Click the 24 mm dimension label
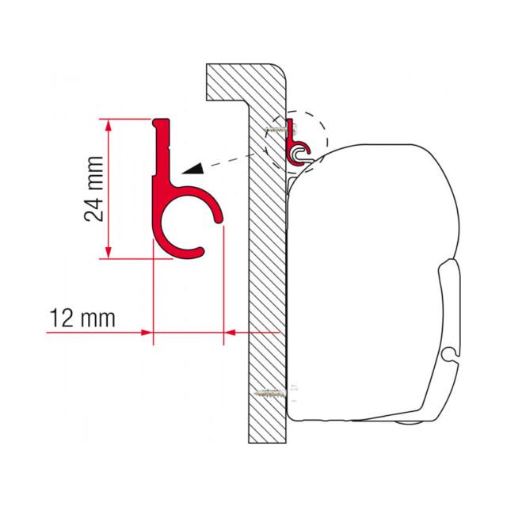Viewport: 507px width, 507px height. (x=93, y=189)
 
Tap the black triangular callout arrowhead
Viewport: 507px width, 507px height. (x=194, y=169)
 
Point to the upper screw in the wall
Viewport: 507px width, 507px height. (x=276, y=129)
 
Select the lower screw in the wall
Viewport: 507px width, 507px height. (x=270, y=393)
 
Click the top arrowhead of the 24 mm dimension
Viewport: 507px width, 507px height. (x=109, y=125)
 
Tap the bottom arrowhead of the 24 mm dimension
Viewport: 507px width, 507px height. (x=109, y=253)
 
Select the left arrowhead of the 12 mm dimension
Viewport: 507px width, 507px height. (x=147, y=333)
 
